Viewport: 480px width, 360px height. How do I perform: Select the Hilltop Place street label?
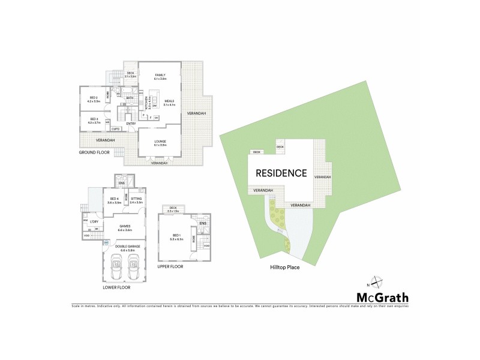pos(284,268)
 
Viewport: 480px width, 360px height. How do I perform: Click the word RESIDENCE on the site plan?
pos(281,173)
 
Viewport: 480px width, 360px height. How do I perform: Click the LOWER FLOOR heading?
pos(117,287)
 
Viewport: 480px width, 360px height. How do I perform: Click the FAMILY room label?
pos(160,75)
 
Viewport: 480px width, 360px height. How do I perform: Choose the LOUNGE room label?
pos(160,142)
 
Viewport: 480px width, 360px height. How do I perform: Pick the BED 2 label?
pos(94,97)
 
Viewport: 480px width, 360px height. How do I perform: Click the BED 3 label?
pos(94,119)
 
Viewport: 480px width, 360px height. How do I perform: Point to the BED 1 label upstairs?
pos(175,235)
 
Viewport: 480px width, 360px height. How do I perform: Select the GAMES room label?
pos(125,226)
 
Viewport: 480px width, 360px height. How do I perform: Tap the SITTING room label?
pos(136,199)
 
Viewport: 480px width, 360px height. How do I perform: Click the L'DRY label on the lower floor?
pos(94,222)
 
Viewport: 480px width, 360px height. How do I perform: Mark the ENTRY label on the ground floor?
pos(131,124)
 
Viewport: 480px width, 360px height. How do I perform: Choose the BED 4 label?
pos(114,199)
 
